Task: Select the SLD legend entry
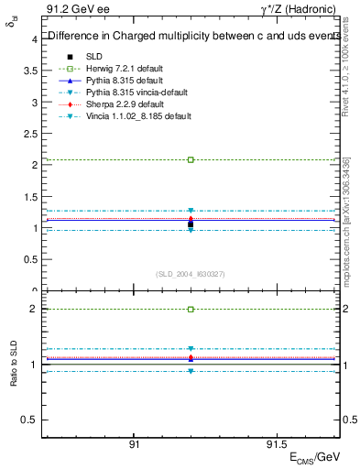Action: [x=93, y=56]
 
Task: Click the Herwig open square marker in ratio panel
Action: [x=191, y=309]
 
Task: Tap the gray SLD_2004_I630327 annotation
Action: [x=191, y=274]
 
